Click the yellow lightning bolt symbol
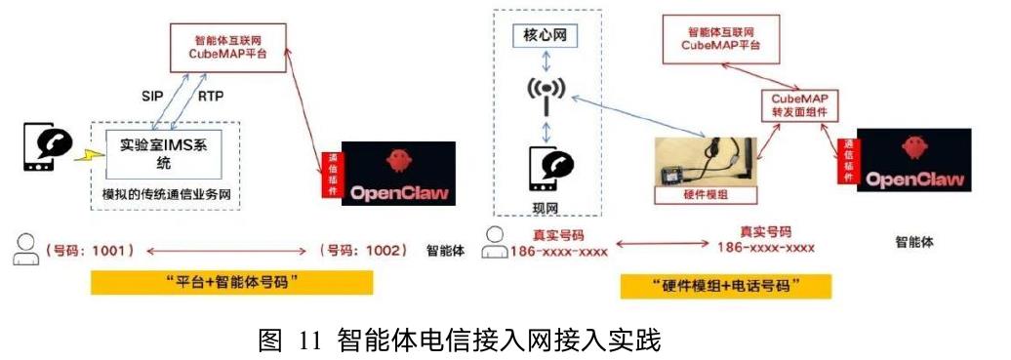tap(89, 155)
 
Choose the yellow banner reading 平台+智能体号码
tap(231, 282)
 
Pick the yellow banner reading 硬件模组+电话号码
tap(725, 286)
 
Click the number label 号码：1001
tap(89, 251)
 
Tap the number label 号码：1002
tap(364, 251)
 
